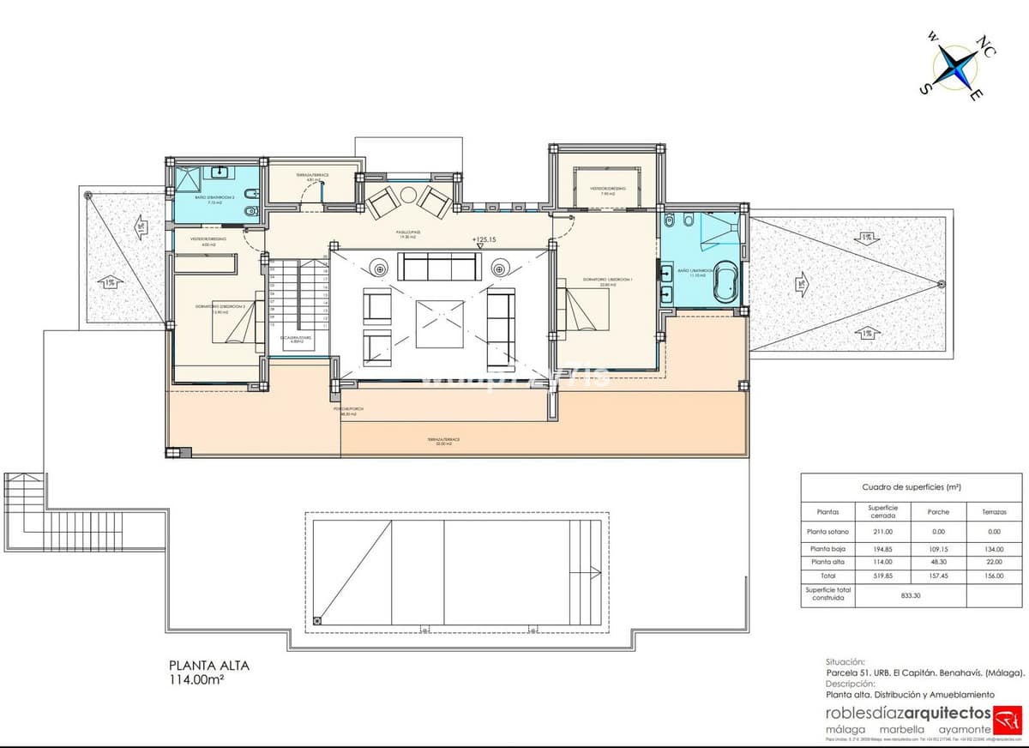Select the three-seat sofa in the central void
point(439,267)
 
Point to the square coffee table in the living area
point(439,323)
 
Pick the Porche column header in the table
point(938,511)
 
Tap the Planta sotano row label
point(827,532)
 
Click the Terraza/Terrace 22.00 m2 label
point(442,440)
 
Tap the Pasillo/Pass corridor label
point(406,232)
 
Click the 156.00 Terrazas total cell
point(995,576)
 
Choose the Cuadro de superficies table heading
point(911,487)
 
